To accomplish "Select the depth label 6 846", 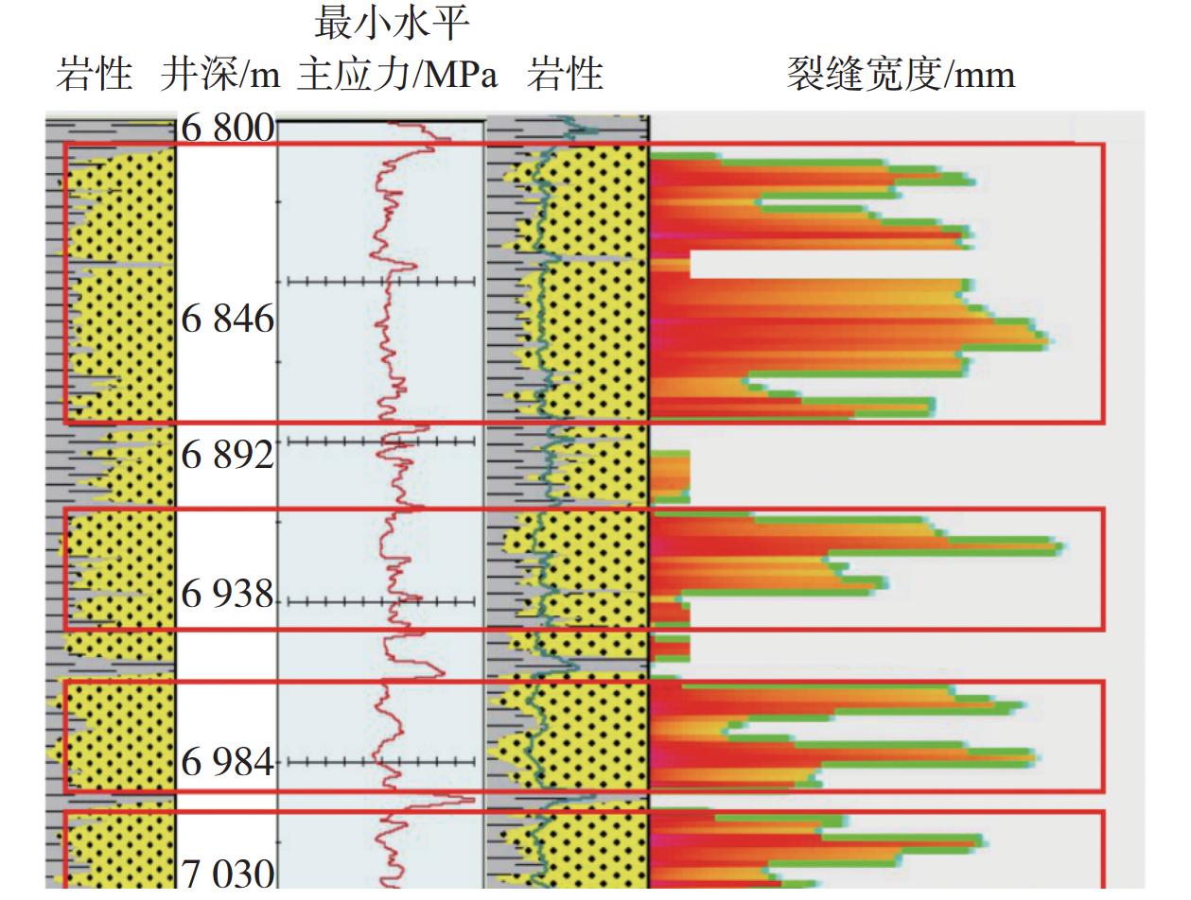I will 228,320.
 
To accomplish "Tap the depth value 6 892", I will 228,455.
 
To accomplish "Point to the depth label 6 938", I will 228,595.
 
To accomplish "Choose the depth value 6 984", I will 228,761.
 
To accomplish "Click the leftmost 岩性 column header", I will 94,74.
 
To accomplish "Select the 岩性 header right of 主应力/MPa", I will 565,74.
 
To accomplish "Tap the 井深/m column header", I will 219,74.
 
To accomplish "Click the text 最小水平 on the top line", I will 392,23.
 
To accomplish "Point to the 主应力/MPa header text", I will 397,74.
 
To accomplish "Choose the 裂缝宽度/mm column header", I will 901,74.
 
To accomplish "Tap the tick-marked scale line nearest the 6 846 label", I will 380,281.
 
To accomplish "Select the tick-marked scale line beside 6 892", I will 380,441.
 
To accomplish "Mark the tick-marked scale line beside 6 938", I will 380,600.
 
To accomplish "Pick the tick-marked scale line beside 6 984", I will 380,761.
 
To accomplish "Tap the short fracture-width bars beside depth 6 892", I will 670,475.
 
